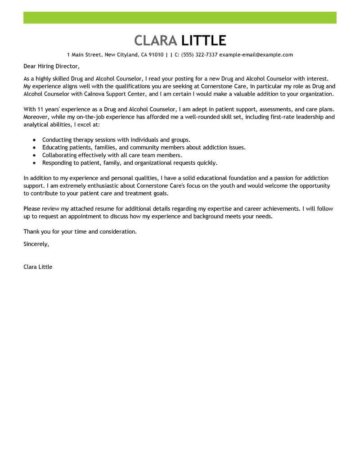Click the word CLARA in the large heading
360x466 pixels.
(156, 41)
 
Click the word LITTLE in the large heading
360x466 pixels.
(203, 41)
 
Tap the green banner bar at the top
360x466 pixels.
(180, 18)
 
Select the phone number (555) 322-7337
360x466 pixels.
(199, 55)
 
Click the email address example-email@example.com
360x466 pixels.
(256, 55)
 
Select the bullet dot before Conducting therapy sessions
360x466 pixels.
(34, 140)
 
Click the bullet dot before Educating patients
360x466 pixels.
(34, 148)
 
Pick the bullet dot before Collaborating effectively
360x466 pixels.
(34, 155)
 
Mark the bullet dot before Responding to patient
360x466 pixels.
(34, 163)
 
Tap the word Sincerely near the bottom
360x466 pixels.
(36, 244)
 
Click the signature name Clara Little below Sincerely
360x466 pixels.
(38, 267)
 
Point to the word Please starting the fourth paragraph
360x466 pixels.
(32, 208)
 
